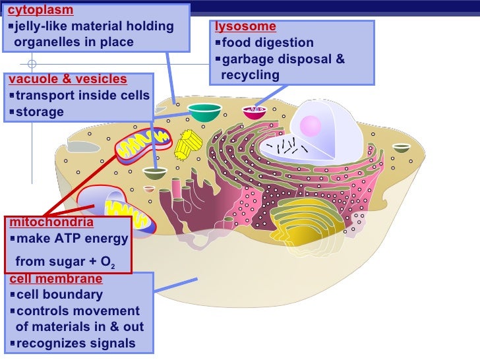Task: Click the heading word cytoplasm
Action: pyautogui.click(x=40, y=11)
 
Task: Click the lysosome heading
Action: pyautogui.click(x=245, y=27)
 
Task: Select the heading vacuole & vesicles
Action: pyautogui.click(x=67, y=80)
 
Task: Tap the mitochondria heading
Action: pyautogui.click(x=51, y=222)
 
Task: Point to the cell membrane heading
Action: pyautogui.click(x=56, y=279)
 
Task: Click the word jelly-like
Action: pyautogui.click(x=44, y=26)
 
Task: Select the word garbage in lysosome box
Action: pyautogui.click(x=248, y=59)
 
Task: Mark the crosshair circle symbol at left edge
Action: pyautogui.click(x=32, y=65)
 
